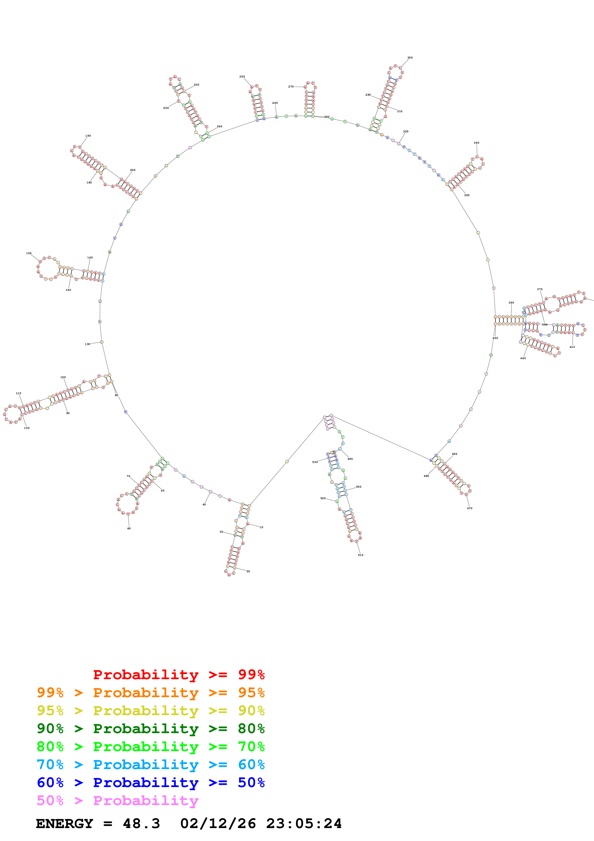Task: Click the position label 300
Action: click(x=410, y=58)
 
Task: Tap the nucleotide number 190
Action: click(x=88, y=135)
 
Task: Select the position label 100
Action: click(x=27, y=428)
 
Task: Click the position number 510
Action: click(x=361, y=555)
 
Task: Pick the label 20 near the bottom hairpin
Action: click(x=248, y=571)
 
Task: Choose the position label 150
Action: click(x=29, y=253)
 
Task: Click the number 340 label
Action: click(x=476, y=143)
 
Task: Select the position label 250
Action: click(x=242, y=76)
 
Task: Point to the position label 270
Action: click(x=291, y=87)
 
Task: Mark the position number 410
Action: click(x=572, y=347)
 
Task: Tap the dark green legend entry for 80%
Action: click(x=150, y=729)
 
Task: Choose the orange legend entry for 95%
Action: click(x=150, y=693)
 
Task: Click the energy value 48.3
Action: click(x=141, y=823)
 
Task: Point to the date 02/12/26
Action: click(x=218, y=823)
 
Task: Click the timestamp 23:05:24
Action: click(x=304, y=823)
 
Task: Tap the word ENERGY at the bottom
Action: click(x=64, y=823)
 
